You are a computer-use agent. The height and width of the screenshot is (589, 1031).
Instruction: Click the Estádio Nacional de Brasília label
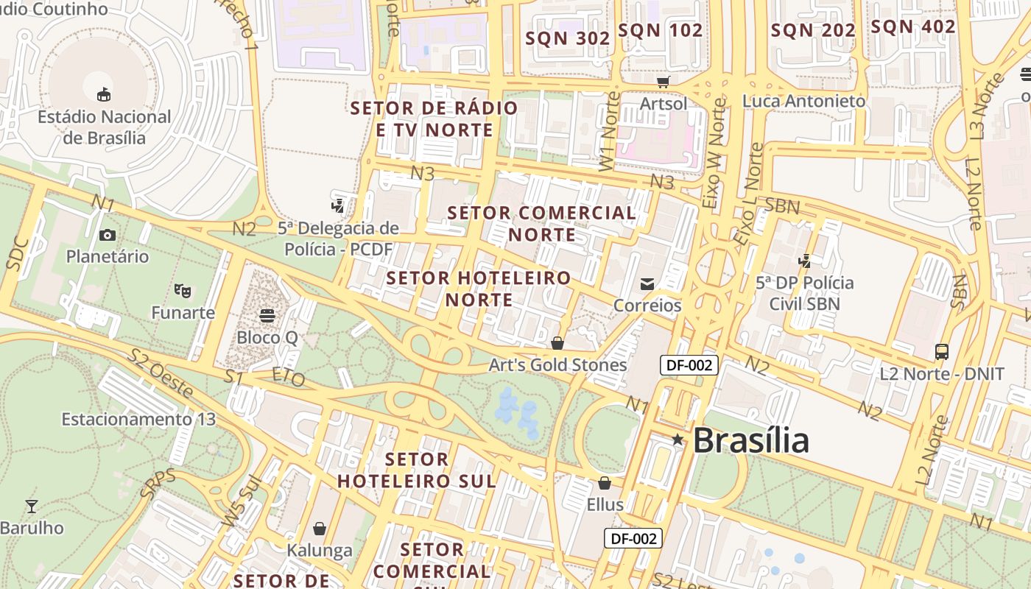[x=104, y=127]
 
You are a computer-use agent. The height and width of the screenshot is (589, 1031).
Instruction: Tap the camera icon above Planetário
[x=108, y=236]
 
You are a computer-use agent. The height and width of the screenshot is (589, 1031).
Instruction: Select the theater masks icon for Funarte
[x=183, y=291]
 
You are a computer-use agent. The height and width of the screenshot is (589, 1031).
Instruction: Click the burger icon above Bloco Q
[x=267, y=316]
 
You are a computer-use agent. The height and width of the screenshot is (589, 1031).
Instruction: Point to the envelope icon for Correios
[x=647, y=284]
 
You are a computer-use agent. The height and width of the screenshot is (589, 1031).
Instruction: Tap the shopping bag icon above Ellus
[x=605, y=484]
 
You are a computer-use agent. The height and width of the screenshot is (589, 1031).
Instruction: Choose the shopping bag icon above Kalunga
[x=320, y=529]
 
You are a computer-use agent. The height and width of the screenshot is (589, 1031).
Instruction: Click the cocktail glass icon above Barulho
[x=32, y=507]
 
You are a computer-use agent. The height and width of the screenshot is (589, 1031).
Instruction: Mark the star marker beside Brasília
[x=678, y=440]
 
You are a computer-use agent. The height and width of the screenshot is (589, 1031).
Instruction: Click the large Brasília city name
[x=750, y=440]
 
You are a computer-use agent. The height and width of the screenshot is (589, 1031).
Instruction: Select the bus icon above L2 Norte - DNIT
[x=941, y=352]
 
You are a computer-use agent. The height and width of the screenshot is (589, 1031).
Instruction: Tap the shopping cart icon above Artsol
[x=664, y=82]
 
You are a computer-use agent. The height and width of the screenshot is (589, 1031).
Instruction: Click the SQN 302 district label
[x=567, y=38]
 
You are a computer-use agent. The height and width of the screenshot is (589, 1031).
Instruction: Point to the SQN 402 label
[x=912, y=27]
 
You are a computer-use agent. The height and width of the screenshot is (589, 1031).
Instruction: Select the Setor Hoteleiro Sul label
[x=416, y=470]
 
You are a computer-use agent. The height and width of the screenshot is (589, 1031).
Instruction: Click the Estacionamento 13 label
[x=138, y=420]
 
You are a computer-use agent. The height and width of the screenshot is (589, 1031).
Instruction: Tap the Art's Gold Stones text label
[x=557, y=365]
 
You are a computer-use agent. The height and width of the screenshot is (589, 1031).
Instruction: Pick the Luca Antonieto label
[x=803, y=101]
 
